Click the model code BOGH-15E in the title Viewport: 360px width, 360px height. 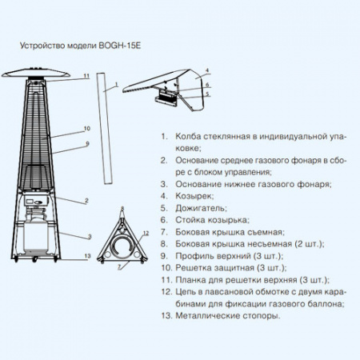pyautogui.click(x=120, y=46)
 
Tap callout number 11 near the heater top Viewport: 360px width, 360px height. pyautogui.click(x=86, y=76)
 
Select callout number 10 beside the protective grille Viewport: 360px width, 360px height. pyautogui.click(x=87, y=129)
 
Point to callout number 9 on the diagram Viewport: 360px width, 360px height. pyautogui.click(x=87, y=144)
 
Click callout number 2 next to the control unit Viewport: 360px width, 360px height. pyautogui.click(x=86, y=201)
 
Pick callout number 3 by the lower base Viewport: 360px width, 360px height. pyautogui.click(x=90, y=237)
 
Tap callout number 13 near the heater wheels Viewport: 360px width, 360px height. pyautogui.click(x=87, y=256)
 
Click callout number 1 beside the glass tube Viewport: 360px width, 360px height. pyautogui.click(x=116, y=85)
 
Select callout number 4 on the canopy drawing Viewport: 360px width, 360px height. pyautogui.click(x=207, y=70)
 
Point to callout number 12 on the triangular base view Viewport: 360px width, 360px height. pyautogui.click(x=146, y=234)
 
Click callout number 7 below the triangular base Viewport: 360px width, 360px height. pyautogui.click(x=119, y=266)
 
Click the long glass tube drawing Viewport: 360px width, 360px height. pyautogui.click(x=105, y=129)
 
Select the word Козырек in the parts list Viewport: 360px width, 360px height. pyautogui.click(x=194, y=196)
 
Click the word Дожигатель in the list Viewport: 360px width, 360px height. pyautogui.click(x=201, y=208)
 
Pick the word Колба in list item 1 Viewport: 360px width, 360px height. pyautogui.click(x=188, y=137)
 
